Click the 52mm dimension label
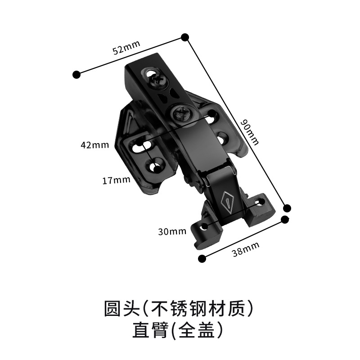(x=126, y=47)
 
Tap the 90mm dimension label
(x=250, y=132)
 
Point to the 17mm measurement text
(x=116, y=180)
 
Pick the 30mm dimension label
(x=172, y=232)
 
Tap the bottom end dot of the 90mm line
(x=287, y=207)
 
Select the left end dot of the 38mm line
(x=202, y=258)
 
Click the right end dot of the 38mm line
(x=284, y=220)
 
